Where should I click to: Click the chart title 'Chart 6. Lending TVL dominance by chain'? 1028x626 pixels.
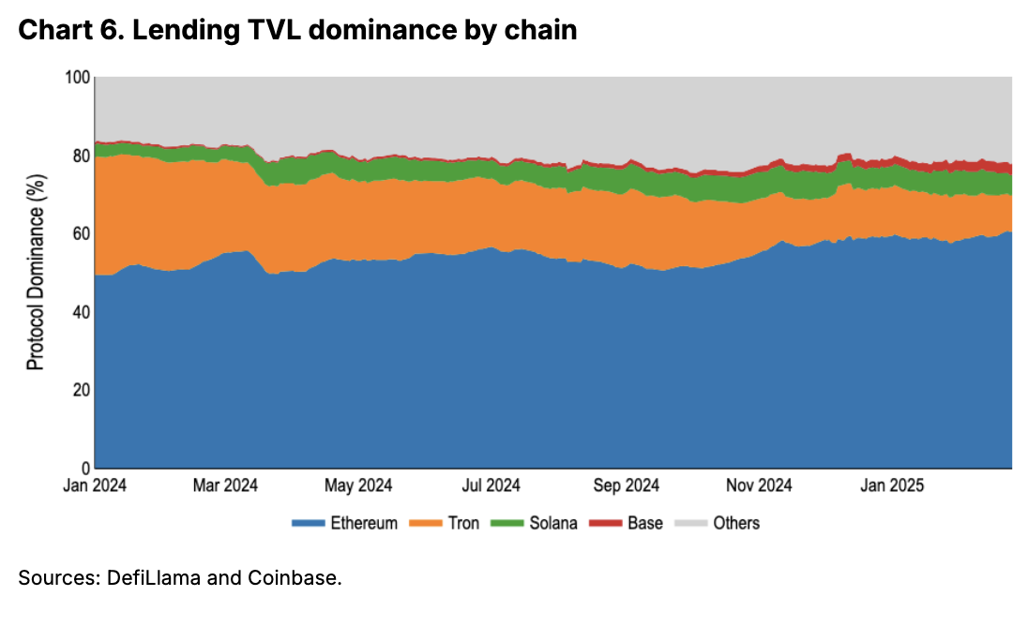click(x=297, y=31)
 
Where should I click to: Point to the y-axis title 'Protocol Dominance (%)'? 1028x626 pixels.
click(x=36, y=272)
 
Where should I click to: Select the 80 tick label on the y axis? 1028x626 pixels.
click(x=80, y=156)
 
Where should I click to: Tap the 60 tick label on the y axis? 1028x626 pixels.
click(x=80, y=233)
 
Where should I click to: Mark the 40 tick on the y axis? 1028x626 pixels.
click(x=80, y=312)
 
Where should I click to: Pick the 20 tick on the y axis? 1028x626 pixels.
click(x=80, y=390)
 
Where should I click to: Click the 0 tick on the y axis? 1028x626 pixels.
click(x=83, y=468)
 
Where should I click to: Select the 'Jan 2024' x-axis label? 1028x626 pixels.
click(x=96, y=485)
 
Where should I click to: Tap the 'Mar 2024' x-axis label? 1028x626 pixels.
click(x=225, y=485)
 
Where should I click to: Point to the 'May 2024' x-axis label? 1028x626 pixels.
click(x=358, y=485)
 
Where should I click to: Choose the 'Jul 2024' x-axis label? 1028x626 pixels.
click(x=491, y=485)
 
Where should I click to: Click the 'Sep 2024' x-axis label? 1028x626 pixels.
click(x=627, y=485)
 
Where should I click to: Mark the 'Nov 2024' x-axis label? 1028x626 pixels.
click(x=761, y=485)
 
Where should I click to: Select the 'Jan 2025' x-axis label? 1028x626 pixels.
click(x=893, y=485)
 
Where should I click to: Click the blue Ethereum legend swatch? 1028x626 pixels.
click(x=310, y=523)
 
